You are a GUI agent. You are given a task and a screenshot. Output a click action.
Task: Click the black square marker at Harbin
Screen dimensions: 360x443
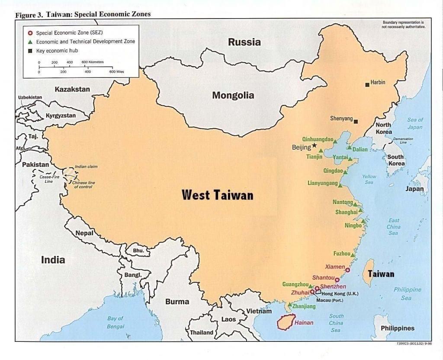point(367,84)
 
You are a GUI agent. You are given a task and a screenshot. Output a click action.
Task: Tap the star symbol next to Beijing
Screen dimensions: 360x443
point(314,146)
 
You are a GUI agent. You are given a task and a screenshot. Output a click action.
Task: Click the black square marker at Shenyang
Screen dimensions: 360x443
point(356,121)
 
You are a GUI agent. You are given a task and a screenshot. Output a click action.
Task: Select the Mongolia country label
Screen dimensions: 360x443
point(233,96)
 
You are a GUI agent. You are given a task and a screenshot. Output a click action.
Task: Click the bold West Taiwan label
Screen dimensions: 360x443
point(217,195)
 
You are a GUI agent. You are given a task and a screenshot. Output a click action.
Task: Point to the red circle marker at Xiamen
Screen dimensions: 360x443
point(347,270)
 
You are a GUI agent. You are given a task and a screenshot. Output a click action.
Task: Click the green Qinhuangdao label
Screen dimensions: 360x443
point(318,139)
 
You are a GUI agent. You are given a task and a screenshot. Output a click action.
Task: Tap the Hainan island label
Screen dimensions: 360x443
point(303,322)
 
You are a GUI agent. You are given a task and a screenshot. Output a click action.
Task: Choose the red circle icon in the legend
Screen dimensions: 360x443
point(30,33)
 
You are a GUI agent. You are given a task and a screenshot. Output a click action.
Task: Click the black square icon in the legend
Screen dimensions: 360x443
point(30,51)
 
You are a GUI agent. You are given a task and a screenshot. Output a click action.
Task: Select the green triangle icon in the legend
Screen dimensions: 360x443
point(30,42)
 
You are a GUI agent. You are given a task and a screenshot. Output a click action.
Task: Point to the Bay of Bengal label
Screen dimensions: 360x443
point(115,322)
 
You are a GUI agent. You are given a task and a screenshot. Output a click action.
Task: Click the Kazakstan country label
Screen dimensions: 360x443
point(72,89)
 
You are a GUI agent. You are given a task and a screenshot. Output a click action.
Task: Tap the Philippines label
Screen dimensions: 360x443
point(397,328)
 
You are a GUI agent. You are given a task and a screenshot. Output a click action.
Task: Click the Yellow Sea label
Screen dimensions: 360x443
point(369,179)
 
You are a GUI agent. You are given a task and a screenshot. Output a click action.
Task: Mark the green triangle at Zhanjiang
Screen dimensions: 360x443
point(289,305)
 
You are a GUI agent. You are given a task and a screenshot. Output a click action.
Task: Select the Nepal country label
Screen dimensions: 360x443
point(84,233)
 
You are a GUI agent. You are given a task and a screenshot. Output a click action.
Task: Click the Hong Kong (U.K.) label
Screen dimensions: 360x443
point(340,293)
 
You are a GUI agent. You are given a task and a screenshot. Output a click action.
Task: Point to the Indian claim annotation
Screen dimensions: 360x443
point(86,166)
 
